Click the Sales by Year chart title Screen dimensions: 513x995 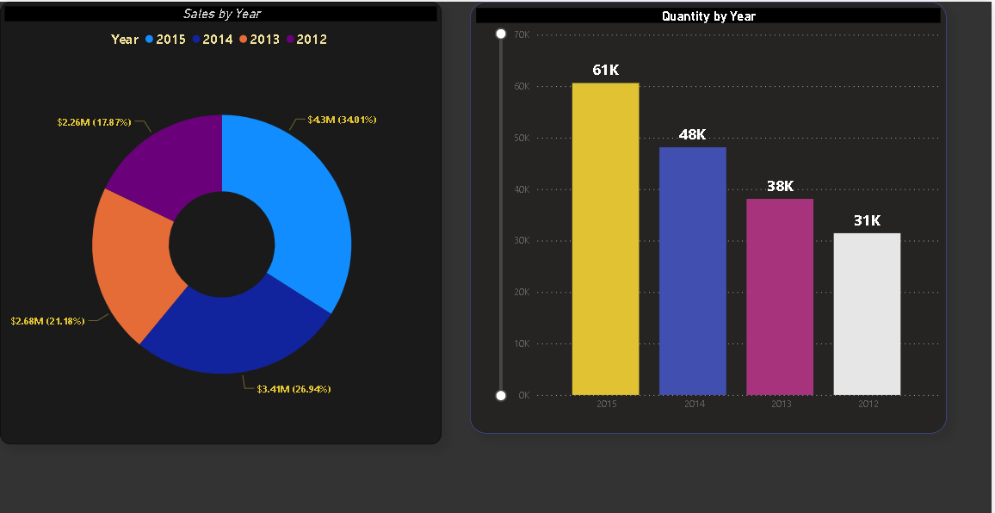tap(222, 14)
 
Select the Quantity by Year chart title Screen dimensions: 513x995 tap(708, 16)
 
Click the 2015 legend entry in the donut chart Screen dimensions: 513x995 tap(170, 40)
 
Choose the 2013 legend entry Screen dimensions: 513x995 tap(263, 40)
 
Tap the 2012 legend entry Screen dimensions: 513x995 tap(311, 40)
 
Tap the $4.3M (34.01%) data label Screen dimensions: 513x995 tap(342, 120)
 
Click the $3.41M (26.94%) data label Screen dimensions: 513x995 tap(294, 389)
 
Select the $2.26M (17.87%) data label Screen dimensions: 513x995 tap(94, 122)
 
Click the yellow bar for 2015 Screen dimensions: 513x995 tap(605, 241)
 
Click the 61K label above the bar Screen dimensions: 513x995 tap(605, 71)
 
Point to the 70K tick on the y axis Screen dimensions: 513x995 tap(521, 35)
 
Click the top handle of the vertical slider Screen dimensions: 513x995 tap(501, 34)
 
